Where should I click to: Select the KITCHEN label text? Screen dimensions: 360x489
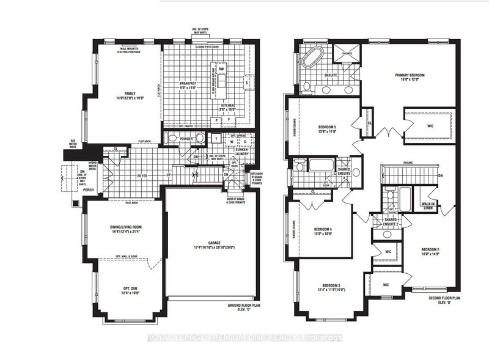(229, 106)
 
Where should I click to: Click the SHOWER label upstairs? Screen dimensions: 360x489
(347, 52)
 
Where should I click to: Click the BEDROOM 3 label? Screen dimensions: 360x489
(331, 286)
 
